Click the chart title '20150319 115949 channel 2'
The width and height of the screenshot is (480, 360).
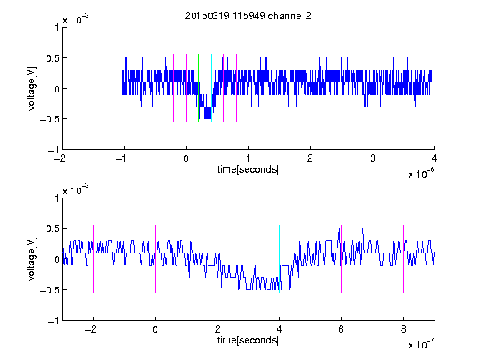click(248, 16)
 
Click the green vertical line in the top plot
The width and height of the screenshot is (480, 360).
click(198, 88)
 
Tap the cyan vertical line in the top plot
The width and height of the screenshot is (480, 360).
click(211, 88)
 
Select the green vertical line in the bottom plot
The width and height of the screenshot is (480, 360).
click(217, 259)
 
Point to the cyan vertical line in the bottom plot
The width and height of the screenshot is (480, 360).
click(279, 259)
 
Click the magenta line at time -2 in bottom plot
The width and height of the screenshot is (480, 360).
click(93, 259)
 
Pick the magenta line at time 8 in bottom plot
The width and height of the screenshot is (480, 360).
click(404, 259)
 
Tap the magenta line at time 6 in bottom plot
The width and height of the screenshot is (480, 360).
click(342, 259)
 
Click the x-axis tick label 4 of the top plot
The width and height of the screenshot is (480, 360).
click(434, 158)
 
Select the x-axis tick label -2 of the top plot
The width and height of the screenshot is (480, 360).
click(60, 158)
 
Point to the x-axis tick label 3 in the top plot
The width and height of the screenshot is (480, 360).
click(372, 158)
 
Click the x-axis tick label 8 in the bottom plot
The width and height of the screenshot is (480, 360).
click(403, 329)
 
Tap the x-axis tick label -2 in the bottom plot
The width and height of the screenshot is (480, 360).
click(91, 329)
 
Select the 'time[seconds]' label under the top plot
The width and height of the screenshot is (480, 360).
click(248, 169)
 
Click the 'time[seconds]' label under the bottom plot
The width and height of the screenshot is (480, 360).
click(248, 340)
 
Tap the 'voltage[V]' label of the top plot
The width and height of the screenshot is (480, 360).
click(32, 89)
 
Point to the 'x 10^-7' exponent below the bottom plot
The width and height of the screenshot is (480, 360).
click(421, 344)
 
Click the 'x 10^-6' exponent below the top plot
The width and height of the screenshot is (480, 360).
click(421, 173)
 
